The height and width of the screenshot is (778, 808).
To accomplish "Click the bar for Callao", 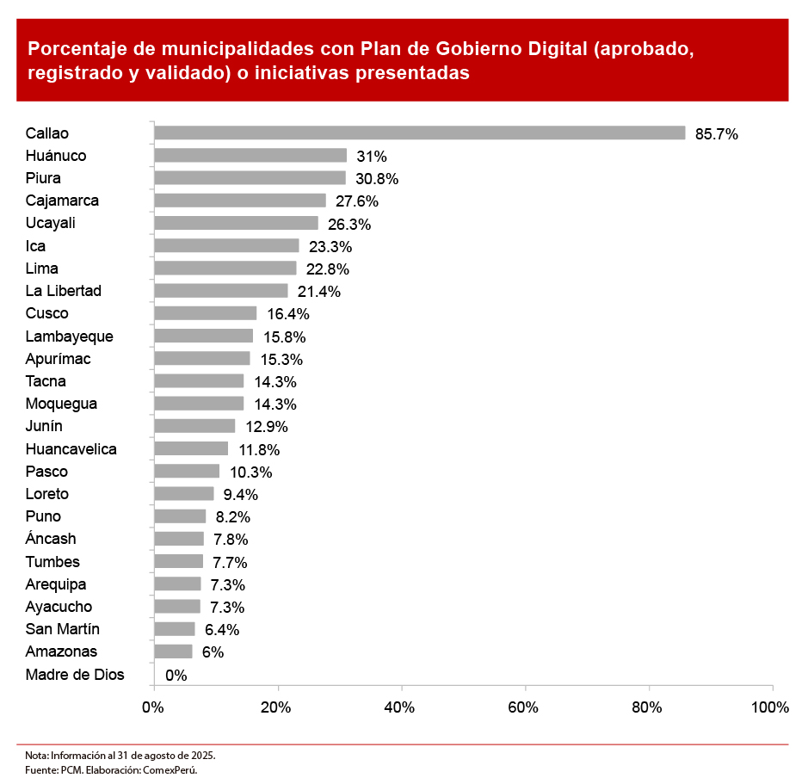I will coord(419,133).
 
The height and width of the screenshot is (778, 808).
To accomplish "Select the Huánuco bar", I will coord(250,156).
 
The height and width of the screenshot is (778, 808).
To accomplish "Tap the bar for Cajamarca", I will coord(240,201).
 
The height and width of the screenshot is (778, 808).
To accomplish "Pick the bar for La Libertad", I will coord(221,291).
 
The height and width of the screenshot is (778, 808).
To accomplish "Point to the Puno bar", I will coord(180,516).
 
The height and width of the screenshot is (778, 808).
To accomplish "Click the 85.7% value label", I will coord(717,134).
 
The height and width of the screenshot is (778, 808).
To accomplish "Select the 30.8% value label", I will coord(377,179).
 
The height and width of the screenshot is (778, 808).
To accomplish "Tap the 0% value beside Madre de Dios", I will coord(176,676).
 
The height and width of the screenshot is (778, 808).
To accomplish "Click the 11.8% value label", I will coord(259,449).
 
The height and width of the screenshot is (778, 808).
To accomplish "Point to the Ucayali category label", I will coord(51,224).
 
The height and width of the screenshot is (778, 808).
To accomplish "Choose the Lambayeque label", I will coord(69,337).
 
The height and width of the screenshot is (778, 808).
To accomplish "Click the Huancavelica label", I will coord(71,449).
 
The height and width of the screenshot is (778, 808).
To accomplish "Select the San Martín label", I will coord(62,629).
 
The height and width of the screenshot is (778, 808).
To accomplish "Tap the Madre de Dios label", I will coord(75,675).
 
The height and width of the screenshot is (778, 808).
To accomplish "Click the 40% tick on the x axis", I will coord(400,707).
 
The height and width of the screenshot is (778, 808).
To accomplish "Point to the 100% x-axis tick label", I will coord(769,707).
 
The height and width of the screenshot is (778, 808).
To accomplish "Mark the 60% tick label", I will coord(523,707).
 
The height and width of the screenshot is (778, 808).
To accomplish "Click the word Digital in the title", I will coord(546,48).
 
